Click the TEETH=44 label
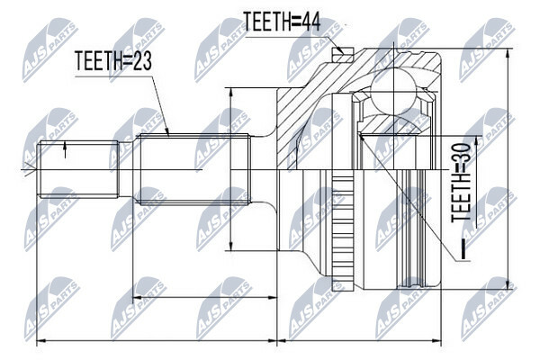pyautogui.click(x=282, y=22)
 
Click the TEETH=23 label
pyautogui.click(x=113, y=60)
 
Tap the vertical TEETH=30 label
pyautogui.click(x=461, y=182)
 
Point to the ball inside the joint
pyautogui.click(x=393, y=90)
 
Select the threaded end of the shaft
pyautogui.click(x=78, y=169)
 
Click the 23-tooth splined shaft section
pyautogui.click(x=193, y=169)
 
